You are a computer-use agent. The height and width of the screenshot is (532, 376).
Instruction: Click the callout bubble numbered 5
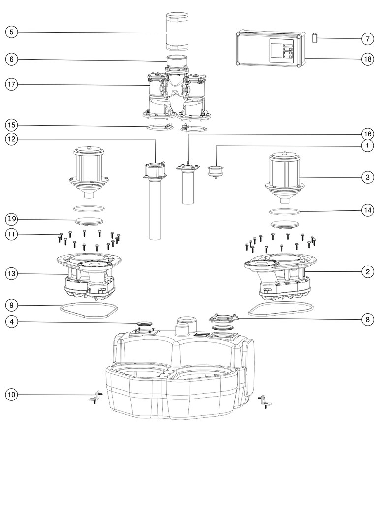(x=11, y=32)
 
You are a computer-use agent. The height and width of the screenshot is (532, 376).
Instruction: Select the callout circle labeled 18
(x=368, y=59)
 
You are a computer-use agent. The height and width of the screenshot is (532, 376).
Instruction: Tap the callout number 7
(x=368, y=39)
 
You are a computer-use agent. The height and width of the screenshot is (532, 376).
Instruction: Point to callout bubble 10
(x=11, y=395)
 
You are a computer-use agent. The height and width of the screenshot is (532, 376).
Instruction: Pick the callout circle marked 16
(x=368, y=134)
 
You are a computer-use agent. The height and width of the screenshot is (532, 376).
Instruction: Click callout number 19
(x=11, y=219)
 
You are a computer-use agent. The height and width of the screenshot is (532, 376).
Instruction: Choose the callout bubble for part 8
(x=368, y=319)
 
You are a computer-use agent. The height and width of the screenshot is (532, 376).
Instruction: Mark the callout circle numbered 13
(x=11, y=273)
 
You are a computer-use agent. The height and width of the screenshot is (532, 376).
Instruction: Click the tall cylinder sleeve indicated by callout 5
(x=176, y=31)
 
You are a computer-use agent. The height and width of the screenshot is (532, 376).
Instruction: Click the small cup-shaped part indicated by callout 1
(x=216, y=172)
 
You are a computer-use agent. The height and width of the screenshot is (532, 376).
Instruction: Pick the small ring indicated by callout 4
(x=144, y=322)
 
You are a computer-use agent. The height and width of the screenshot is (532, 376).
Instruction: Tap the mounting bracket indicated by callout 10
(x=94, y=398)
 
